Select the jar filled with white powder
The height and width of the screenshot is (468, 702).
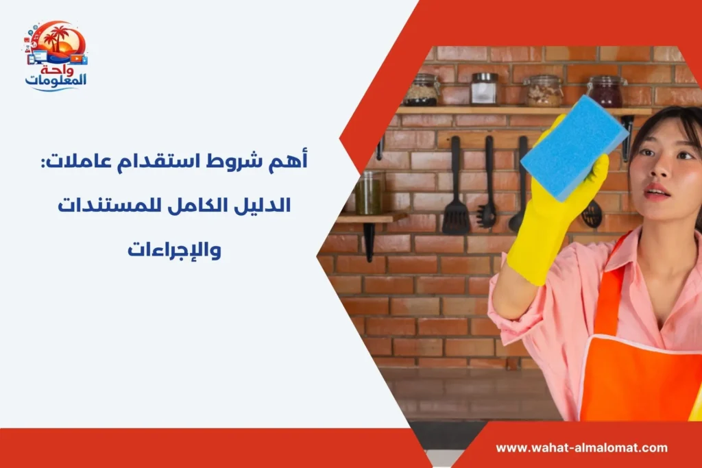pos(484,89)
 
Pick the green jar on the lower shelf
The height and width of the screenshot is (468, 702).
pos(369,195)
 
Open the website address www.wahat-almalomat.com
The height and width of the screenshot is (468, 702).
pos(581,447)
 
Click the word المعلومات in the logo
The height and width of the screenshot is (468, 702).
pos(56,81)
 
